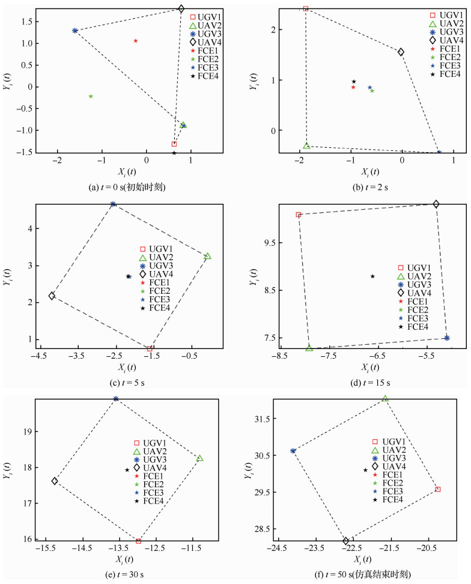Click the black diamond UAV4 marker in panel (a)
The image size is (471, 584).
(x=181, y=9)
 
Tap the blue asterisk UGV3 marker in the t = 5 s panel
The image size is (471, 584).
(x=113, y=204)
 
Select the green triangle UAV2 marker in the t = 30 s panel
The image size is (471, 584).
(x=200, y=458)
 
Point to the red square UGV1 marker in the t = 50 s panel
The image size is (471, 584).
(x=438, y=489)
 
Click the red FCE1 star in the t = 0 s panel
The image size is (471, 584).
(x=136, y=41)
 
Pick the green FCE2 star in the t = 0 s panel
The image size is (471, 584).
(x=91, y=96)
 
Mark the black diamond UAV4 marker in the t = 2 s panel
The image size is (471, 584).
(x=401, y=52)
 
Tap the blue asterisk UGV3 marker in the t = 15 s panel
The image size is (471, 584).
(x=447, y=338)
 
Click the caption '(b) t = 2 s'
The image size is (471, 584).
(x=370, y=187)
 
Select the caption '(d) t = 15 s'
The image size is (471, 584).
(x=370, y=383)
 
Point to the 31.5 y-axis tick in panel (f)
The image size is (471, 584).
(x=262, y=418)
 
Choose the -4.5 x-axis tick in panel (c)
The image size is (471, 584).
(x=39, y=356)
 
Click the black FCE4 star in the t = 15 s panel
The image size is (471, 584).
(x=372, y=276)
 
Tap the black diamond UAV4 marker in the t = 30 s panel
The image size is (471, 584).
(x=55, y=481)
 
